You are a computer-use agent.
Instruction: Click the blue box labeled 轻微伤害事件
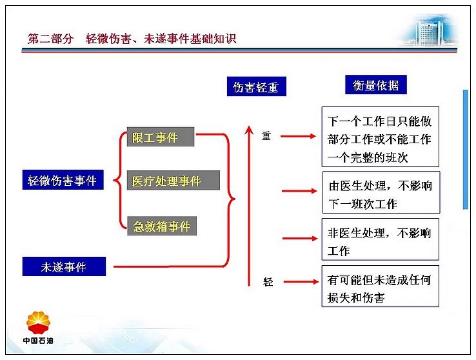[x=63, y=180]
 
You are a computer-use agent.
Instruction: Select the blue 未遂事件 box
[x=64, y=266]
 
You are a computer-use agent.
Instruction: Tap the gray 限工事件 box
[x=161, y=137]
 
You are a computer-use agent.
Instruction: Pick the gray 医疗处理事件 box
[x=174, y=180]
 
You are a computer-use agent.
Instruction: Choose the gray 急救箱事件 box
[x=162, y=226]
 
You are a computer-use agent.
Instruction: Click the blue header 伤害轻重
[x=257, y=86]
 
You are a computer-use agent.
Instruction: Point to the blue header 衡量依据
[x=376, y=85]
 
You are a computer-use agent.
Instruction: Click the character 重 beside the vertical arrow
[x=266, y=135]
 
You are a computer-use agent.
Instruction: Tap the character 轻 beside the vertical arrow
[x=268, y=282]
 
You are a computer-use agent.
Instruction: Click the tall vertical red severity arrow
[x=249, y=206]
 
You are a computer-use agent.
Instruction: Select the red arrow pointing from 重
[x=298, y=136]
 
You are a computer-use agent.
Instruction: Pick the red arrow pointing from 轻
[x=301, y=282]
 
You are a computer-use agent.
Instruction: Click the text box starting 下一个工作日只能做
[x=381, y=137]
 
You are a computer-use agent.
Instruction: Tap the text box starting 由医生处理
[x=381, y=192]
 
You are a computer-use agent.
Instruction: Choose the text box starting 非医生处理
[x=381, y=239]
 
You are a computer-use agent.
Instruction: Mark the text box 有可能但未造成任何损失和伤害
[x=381, y=286]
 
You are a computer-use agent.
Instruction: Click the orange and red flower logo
[x=38, y=323]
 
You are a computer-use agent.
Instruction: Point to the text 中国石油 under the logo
[x=38, y=341]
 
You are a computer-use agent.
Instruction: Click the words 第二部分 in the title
[x=50, y=39]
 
